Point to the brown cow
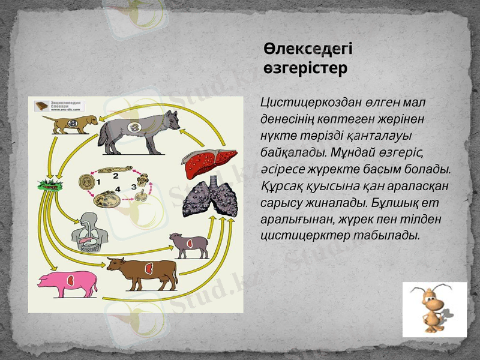143,272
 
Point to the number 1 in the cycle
98,180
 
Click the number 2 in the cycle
115,176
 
